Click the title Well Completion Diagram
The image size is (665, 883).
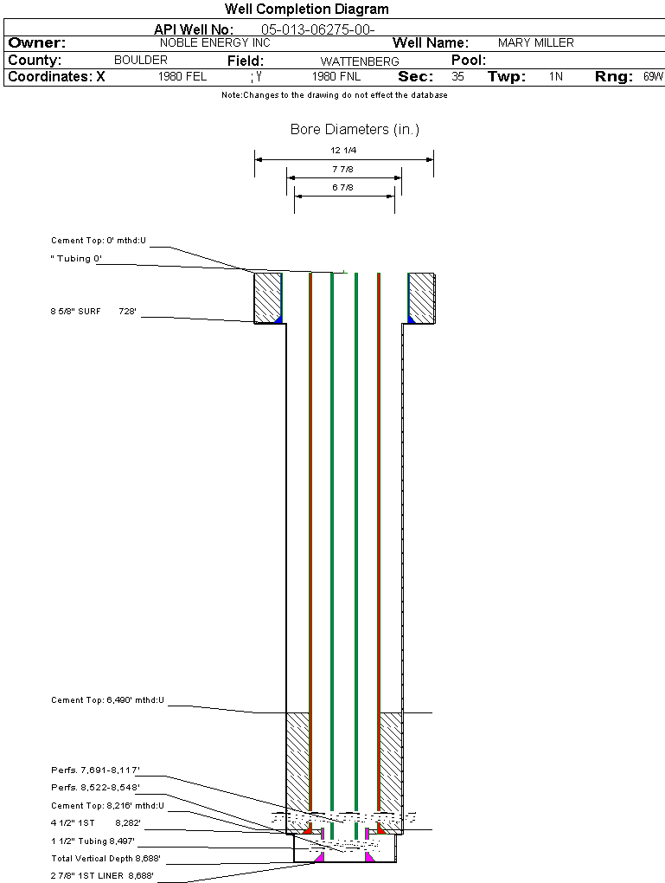tap(306, 10)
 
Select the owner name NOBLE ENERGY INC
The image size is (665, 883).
tap(215, 42)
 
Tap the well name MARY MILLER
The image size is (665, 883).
tap(536, 42)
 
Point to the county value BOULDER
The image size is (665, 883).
tap(141, 61)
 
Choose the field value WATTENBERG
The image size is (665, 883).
tap(360, 61)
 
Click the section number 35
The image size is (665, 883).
tap(457, 77)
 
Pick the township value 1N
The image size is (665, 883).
tap(556, 77)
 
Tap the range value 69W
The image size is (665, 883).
tap(653, 77)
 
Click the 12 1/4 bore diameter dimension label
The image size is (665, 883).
tap(342, 151)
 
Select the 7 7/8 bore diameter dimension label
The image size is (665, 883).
tap(342, 170)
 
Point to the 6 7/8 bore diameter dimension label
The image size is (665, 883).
tap(342, 187)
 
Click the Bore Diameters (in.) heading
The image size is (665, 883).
tap(355, 130)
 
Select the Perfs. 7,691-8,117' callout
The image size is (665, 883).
tap(95, 770)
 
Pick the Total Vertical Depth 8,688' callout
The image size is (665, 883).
tap(106, 859)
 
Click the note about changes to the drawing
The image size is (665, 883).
tap(334, 95)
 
